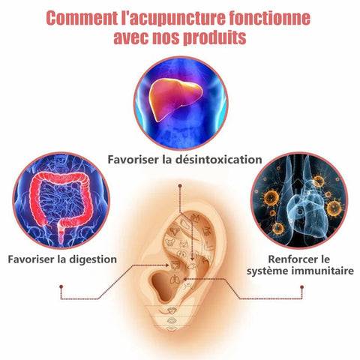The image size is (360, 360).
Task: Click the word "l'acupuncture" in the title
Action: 173,18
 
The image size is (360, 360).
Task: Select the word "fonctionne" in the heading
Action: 270,18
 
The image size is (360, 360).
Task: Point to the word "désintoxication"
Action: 218,160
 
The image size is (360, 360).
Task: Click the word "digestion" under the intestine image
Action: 93,259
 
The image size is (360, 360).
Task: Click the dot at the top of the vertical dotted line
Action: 180,186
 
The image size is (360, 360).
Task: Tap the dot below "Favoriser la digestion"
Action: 61,286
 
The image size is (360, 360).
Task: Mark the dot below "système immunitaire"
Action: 301,287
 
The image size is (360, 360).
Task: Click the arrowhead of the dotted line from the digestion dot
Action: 167,265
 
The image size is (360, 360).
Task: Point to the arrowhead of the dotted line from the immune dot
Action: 185,279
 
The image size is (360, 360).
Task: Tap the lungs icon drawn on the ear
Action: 175,280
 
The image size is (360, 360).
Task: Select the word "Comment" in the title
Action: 82,18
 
